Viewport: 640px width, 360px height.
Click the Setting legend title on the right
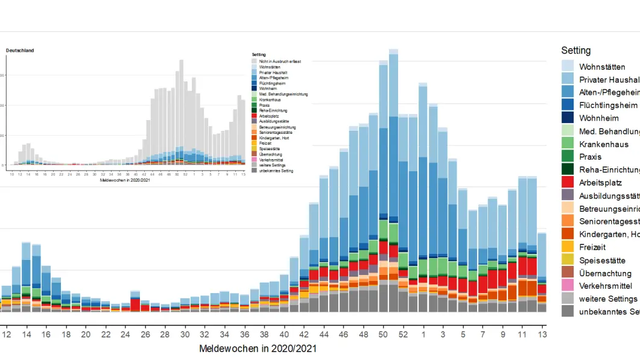(x=575, y=51)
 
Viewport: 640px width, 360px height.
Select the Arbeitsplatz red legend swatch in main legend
(x=568, y=182)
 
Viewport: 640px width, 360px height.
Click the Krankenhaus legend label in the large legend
(x=603, y=144)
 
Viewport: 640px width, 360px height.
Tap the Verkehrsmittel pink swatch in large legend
(x=568, y=285)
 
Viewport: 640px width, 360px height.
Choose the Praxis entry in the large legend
(x=591, y=157)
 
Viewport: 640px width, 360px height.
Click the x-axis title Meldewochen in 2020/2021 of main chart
(x=258, y=349)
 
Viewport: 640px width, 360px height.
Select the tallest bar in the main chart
(x=393, y=181)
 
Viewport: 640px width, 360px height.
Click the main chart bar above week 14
(x=27, y=277)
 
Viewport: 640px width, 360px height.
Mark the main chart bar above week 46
(x=344, y=229)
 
